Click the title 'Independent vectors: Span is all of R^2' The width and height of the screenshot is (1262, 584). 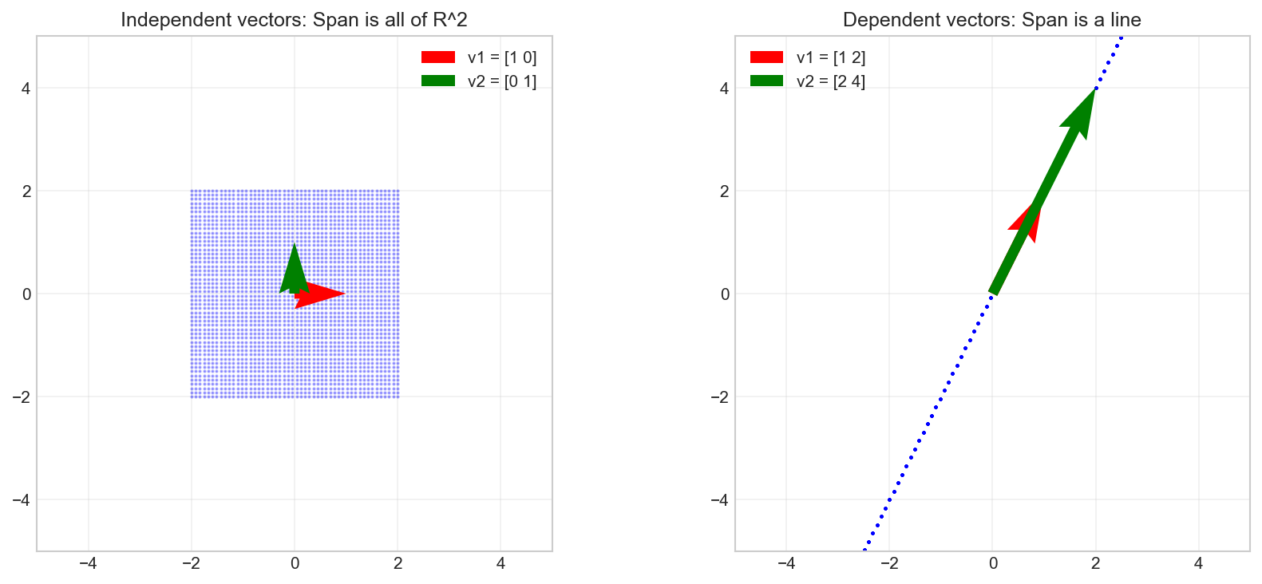tap(294, 20)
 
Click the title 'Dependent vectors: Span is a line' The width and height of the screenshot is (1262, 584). tap(992, 20)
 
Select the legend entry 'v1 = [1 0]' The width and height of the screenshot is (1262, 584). tap(501, 57)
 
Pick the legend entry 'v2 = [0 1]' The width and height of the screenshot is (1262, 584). tap(501, 81)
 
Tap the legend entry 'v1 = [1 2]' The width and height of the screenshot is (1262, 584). tap(830, 57)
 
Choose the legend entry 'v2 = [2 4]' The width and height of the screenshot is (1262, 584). tap(830, 81)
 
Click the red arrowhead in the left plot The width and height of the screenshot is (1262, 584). tap(323, 294)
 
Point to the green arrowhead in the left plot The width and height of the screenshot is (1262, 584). tap(295, 267)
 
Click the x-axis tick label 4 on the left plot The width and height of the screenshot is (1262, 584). tap(500, 563)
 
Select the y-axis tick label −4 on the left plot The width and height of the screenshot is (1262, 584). tap(22, 500)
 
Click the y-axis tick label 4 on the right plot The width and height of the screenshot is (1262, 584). tap(724, 89)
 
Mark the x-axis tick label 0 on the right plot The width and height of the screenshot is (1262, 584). tap(992, 563)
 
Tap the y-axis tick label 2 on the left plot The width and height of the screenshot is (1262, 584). tap(26, 191)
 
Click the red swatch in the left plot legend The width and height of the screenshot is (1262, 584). tap(438, 57)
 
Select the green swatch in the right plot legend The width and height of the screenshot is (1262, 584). tap(766, 81)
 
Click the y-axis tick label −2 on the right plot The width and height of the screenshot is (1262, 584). tap(720, 397)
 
